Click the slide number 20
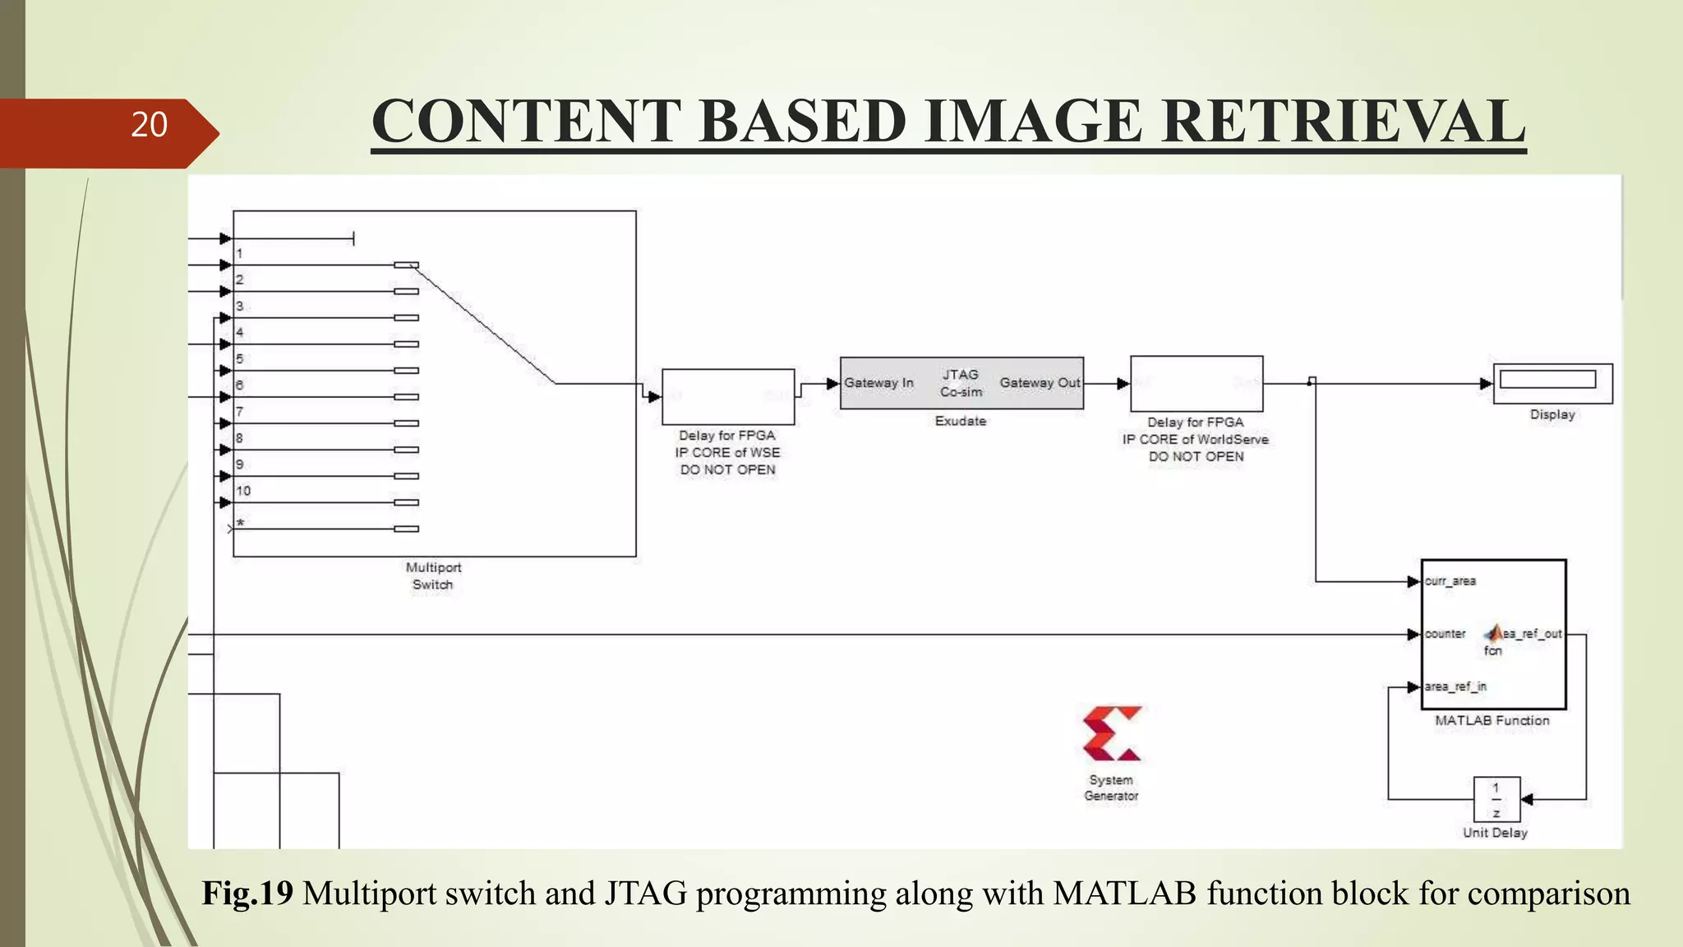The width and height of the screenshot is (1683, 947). [149, 125]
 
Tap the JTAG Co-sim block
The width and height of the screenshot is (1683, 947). [961, 383]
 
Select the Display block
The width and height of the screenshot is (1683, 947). [1552, 383]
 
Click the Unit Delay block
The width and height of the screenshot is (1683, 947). [1496, 800]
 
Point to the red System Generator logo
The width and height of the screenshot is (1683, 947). [1112, 733]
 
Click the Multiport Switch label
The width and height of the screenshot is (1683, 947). [433, 575]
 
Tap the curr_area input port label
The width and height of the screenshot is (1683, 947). [1450, 581]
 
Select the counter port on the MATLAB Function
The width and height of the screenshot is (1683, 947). [1445, 634]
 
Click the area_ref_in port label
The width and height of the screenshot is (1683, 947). [1455, 686]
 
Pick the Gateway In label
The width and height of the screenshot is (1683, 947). [878, 383]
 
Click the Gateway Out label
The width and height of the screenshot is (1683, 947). [1040, 383]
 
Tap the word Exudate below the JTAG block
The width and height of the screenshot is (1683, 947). [960, 421]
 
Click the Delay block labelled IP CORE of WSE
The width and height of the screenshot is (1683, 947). [728, 397]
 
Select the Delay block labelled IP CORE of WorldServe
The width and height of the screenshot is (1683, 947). [1197, 384]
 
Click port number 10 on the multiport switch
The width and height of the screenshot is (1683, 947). [243, 491]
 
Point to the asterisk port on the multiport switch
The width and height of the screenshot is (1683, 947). [240, 523]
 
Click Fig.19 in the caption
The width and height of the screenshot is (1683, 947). [247, 894]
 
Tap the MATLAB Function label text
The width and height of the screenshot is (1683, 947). [1492, 721]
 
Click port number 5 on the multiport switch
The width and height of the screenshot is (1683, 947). [240, 358]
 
